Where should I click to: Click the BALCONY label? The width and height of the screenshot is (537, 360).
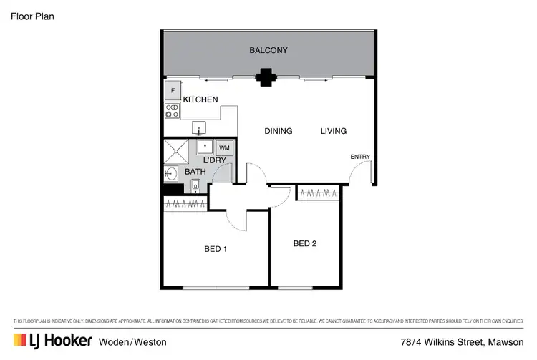click(x=268, y=51)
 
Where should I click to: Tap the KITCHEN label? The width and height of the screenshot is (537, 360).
click(x=200, y=99)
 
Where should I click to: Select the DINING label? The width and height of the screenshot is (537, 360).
click(x=279, y=131)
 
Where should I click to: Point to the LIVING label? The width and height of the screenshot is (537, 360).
click(x=334, y=131)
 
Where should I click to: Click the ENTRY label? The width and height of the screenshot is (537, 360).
click(x=360, y=157)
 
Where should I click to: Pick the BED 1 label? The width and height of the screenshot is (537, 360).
click(x=216, y=249)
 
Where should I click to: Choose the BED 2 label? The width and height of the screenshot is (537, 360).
click(x=305, y=243)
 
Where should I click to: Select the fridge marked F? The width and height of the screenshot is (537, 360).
click(x=172, y=91)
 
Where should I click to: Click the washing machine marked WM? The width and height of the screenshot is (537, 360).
click(x=225, y=147)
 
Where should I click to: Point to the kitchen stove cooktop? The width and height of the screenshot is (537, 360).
click(x=172, y=110)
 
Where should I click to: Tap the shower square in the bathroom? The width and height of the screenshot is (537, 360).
click(x=176, y=152)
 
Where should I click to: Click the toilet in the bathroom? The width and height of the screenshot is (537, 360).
click(x=195, y=185)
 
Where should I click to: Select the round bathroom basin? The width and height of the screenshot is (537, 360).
click(x=171, y=174)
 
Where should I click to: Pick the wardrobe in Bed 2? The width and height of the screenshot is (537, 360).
click(x=317, y=193)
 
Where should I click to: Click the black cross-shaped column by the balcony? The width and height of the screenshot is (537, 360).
click(x=266, y=77)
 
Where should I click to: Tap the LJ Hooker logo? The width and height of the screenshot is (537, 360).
click(x=53, y=342)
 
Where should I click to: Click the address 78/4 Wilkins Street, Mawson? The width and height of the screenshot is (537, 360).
click(x=463, y=342)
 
